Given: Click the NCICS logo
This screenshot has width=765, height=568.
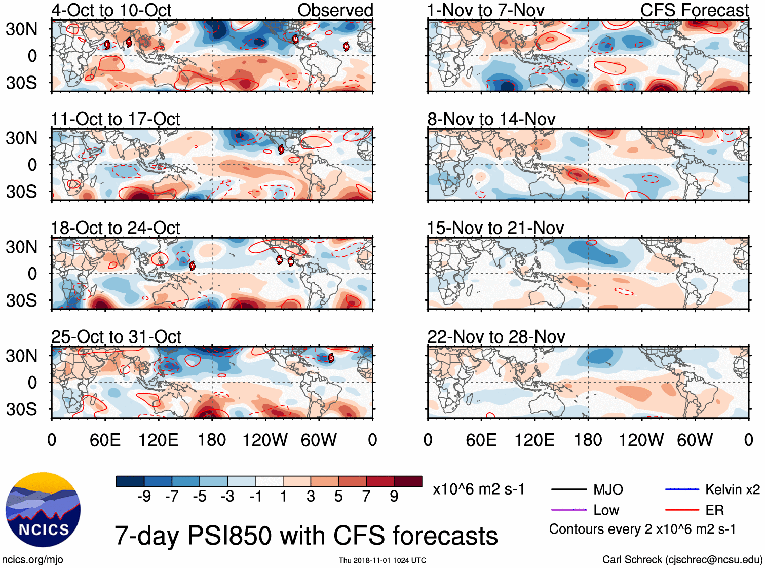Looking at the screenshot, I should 43,510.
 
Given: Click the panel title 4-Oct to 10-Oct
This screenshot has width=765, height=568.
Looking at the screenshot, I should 111,10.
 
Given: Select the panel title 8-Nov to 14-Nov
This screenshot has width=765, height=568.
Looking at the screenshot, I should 491,119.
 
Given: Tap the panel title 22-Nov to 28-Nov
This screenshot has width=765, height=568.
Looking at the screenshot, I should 496,337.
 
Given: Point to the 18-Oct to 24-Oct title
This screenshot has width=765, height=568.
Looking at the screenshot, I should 115,228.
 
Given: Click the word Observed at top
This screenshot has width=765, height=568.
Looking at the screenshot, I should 335,10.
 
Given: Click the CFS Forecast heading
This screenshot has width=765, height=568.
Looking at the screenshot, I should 694,10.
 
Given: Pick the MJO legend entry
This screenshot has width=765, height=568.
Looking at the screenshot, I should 608,489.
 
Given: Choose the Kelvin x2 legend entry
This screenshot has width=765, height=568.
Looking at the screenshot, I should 732,489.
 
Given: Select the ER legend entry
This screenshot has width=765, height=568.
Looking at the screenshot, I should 714,510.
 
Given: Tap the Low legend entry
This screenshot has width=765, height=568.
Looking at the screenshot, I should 606,510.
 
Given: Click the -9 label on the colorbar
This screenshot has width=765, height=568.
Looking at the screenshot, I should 144,496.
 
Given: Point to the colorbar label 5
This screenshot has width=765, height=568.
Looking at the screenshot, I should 338,496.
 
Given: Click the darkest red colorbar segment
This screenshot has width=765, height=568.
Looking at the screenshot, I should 408,481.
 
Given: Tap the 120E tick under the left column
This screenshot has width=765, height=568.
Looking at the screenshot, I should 158,440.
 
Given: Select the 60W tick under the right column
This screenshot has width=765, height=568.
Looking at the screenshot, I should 695,440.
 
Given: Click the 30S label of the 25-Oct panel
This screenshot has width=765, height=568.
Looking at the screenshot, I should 22,409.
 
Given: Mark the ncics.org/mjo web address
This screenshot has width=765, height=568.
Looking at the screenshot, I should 32,559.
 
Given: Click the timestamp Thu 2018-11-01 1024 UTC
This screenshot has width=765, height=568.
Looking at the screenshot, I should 382,560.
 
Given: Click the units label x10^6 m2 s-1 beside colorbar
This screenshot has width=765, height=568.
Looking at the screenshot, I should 478,489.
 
